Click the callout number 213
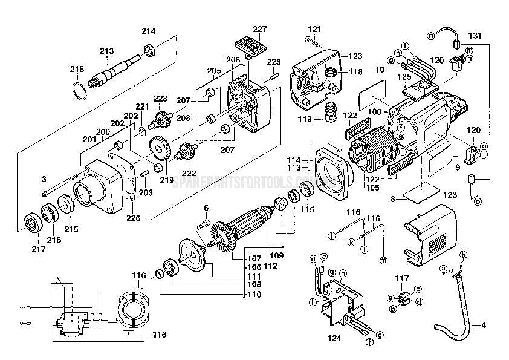(106, 51)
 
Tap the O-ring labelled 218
(77, 91)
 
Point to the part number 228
(274, 62)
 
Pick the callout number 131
(476, 36)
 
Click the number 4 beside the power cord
(484, 325)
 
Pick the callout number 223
(160, 99)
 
